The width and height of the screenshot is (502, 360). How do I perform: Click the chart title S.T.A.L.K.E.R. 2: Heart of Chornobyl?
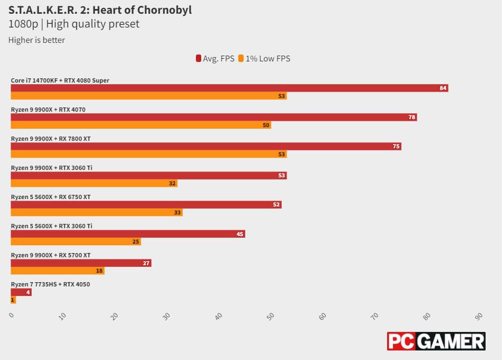(100, 10)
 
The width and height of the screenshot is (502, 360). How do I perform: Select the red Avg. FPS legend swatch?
(198, 59)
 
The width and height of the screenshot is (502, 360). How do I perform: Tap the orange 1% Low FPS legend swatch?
(241, 59)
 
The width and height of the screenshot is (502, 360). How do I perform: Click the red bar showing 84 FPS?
(229, 88)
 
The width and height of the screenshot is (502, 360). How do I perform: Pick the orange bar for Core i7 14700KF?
(148, 96)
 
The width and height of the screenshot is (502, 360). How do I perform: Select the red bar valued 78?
(213, 117)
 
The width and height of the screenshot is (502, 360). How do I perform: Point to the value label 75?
(396, 146)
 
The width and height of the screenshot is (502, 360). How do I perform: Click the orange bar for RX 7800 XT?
(148, 155)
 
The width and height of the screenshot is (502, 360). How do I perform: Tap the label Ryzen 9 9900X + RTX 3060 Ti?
(51, 168)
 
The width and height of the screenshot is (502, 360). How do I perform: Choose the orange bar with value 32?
(94, 184)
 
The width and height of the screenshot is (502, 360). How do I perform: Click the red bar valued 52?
(146, 204)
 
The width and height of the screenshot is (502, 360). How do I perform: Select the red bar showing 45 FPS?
(128, 233)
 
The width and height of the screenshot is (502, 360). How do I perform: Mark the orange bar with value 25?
(76, 242)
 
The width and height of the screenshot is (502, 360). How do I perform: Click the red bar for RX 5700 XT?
(81, 263)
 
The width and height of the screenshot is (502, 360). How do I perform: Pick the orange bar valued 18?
(57, 271)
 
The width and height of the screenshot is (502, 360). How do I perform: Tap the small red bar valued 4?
(21, 292)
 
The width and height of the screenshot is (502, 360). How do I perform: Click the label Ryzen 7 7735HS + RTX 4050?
(50, 284)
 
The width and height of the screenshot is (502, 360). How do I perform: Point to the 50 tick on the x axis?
(271, 316)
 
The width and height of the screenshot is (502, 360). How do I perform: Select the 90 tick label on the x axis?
(479, 316)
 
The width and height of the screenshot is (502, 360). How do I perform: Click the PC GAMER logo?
(436, 341)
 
